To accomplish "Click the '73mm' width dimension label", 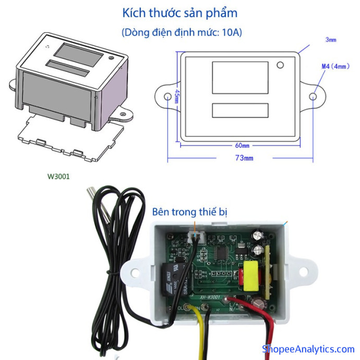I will pyautogui.click(x=244, y=157).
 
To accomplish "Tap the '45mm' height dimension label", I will pyautogui.click(x=177, y=96).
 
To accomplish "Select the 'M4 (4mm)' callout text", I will pyautogui.click(x=334, y=66).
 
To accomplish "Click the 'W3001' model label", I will pyautogui.click(x=58, y=177).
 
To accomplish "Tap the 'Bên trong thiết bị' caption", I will pyautogui.click(x=190, y=212).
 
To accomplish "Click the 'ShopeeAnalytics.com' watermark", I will pyautogui.click(x=308, y=349).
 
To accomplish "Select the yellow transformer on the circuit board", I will pyautogui.click(x=251, y=276).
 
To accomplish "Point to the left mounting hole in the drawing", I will pyautogui.click(x=167, y=97).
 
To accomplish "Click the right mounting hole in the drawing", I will pyautogui.click(x=313, y=97).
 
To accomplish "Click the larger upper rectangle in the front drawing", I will pyautogui.click(x=240, y=78).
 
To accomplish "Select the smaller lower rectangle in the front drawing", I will pyautogui.click(x=240, y=110).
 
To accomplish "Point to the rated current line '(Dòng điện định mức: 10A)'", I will pyautogui.click(x=181, y=32).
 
